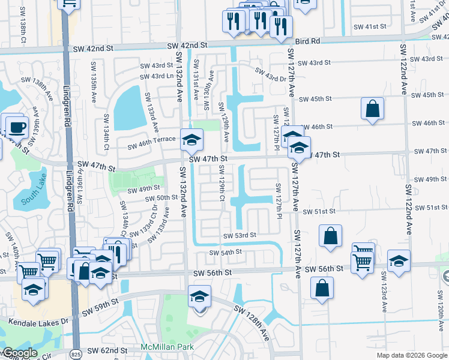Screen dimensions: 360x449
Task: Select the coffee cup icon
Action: (x=16, y=127)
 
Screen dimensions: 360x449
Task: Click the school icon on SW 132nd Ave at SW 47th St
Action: (x=192, y=140)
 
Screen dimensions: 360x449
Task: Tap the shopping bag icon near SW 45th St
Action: (x=373, y=109)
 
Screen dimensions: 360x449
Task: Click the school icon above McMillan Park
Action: (x=200, y=296)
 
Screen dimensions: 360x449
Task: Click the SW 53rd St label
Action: (x=240, y=236)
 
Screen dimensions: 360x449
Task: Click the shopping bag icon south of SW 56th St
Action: (x=322, y=287)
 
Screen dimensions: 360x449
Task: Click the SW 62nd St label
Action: (x=107, y=350)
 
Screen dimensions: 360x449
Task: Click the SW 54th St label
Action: (x=225, y=253)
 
